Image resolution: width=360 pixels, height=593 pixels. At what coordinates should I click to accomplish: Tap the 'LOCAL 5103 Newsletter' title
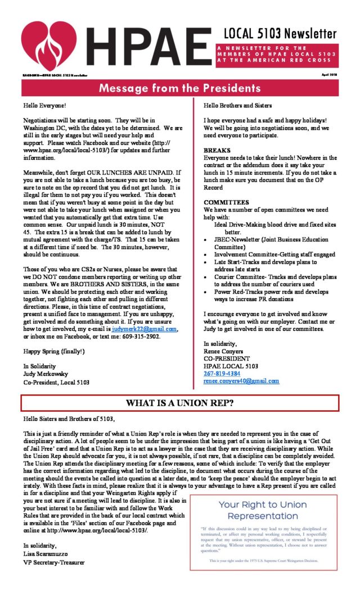coord(280,33)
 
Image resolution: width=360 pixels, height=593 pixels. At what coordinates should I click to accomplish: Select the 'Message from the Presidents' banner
coord(180,88)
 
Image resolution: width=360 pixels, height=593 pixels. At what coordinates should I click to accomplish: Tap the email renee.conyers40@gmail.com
coord(241,381)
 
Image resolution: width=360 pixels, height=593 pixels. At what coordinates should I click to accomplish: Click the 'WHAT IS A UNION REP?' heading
coord(180,403)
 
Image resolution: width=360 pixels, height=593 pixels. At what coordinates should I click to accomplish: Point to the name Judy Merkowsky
coord(49,373)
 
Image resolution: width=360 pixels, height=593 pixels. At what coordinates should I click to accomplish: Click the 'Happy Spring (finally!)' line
coord(54,351)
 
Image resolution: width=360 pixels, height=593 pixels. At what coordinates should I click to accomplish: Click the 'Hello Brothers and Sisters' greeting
coord(237,105)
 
